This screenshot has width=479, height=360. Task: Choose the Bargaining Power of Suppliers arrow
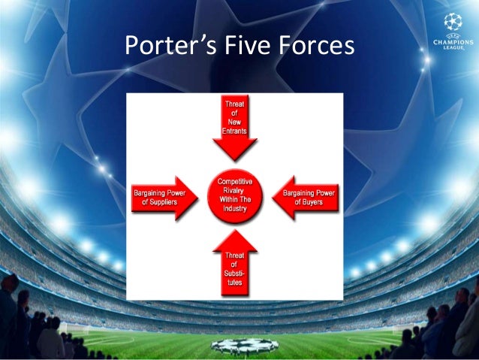pos(161,198)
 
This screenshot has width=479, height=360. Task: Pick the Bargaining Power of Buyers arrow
pos(309,198)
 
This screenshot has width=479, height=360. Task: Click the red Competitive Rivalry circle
pos(235,198)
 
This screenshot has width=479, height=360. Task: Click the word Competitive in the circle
pos(235,182)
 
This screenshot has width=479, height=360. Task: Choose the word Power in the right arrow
pos(324,193)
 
